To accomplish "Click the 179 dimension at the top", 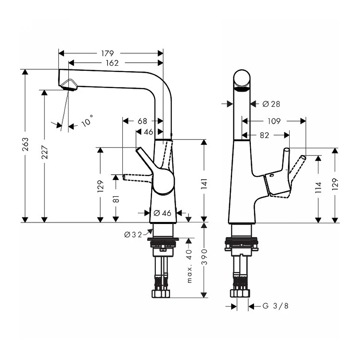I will pyautogui.click(x=107, y=53).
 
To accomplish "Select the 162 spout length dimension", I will pyautogui.click(x=112, y=63).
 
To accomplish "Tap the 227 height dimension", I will pyautogui.click(x=45, y=151).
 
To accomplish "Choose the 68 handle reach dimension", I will pyautogui.click(x=142, y=120).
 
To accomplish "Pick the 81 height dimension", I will pyautogui.click(x=116, y=199).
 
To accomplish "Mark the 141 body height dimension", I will pyautogui.click(x=204, y=184).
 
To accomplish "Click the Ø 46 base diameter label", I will pyautogui.click(x=162, y=213).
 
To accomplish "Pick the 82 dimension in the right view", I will pyautogui.click(x=264, y=136).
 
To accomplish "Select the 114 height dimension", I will pyautogui.click(x=318, y=187).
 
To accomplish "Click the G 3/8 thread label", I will pyautogui.click(x=275, y=306).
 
